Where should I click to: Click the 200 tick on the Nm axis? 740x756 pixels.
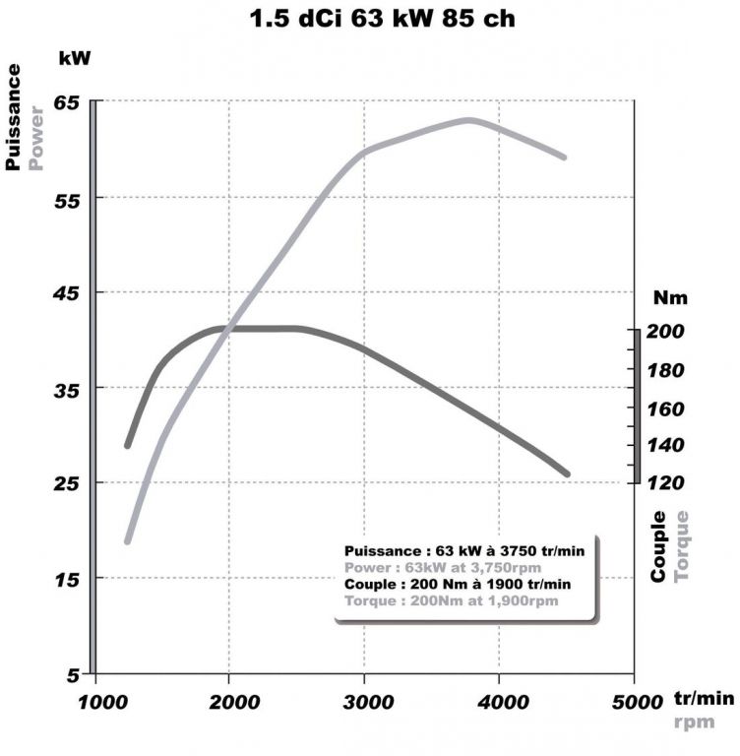(x=666, y=333)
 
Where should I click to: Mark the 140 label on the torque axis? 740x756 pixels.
(x=666, y=445)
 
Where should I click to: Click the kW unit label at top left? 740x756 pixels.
(x=75, y=58)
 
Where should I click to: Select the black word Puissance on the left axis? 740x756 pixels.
(x=14, y=116)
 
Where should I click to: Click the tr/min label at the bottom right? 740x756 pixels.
(x=704, y=698)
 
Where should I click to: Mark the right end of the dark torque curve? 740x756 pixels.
(x=567, y=474)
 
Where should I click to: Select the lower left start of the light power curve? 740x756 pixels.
(x=127, y=540)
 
